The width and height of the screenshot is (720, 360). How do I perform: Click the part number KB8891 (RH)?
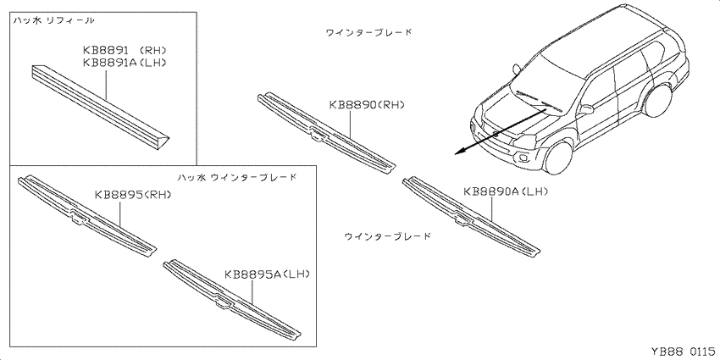(x=124, y=50)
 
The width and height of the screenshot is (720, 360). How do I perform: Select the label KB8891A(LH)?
(x=124, y=62)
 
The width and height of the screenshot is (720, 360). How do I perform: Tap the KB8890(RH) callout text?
(x=367, y=105)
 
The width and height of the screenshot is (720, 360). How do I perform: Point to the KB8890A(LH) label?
(x=506, y=191)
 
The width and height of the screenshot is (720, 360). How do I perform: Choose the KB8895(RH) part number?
(x=133, y=195)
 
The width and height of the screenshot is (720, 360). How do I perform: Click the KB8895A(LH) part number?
(x=267, y=274)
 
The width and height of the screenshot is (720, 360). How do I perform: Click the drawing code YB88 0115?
(x=683, y=352)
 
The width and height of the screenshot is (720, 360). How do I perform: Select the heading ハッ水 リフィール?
(x=53, y=20)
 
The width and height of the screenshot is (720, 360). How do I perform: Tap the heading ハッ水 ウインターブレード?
(x=236, y=177)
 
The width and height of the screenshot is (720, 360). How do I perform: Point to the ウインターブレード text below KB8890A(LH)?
(x=388, y=236)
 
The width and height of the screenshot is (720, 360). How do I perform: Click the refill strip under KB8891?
(x=101, y=107)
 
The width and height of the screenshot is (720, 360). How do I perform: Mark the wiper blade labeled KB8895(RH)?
(x=86, y=215)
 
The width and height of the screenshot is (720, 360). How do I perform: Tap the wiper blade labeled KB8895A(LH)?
(x=232, y=299)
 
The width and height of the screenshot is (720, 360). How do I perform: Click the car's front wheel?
(x=559, y=158)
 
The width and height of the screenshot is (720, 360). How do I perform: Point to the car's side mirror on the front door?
(x=586, y=109)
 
